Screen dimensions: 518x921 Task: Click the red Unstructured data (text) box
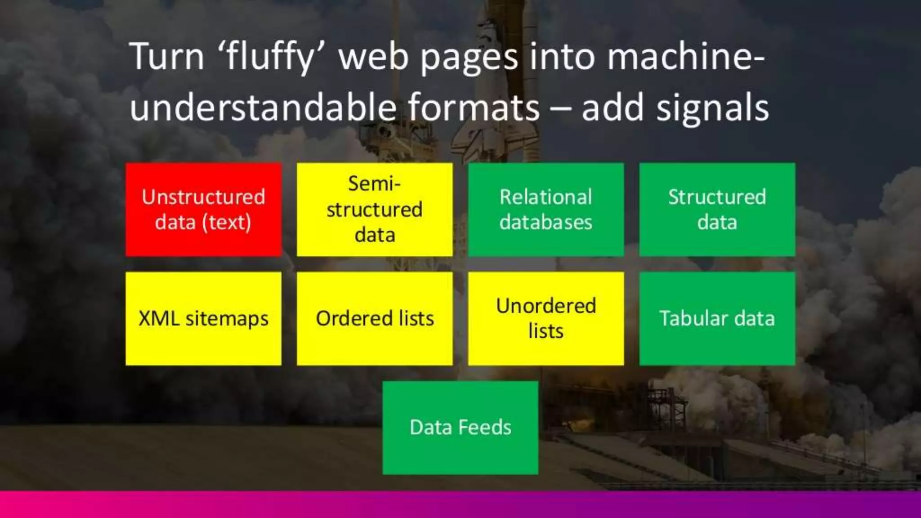[203, 210]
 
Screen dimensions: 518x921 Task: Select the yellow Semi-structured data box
[375, 210]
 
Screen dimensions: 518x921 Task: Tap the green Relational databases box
[546, 210]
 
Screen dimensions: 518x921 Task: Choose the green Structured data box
[717, 210]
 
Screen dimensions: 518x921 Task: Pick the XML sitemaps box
[203, 318]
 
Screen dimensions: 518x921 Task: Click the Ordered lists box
[375, 318]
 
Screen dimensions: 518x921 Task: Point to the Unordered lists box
[546, 318]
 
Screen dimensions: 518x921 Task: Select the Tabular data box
[717, 318]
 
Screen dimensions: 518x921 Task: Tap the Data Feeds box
[460, 428]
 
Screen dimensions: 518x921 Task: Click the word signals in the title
[712, 108]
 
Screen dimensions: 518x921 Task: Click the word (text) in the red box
[227, 223]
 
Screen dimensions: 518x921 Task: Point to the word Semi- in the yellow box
[374, 184]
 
